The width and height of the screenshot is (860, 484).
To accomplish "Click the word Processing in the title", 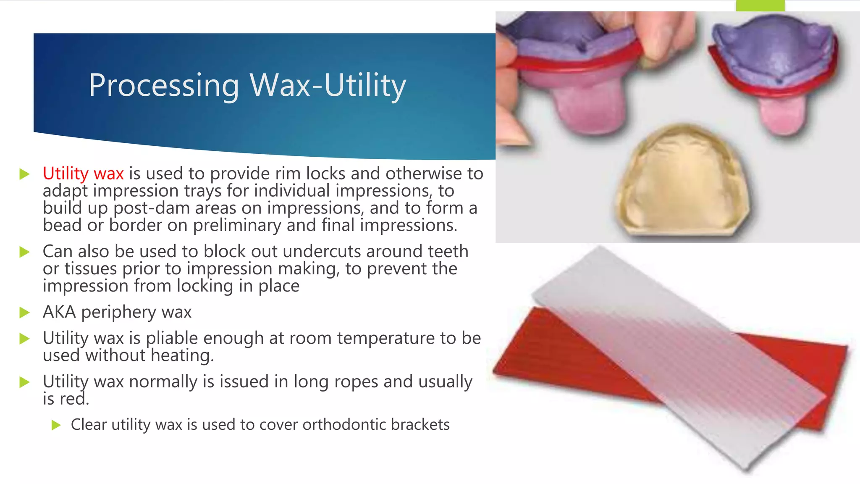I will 164,86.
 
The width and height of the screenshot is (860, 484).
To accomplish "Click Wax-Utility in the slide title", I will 328,86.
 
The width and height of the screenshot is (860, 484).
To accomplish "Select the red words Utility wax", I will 83,174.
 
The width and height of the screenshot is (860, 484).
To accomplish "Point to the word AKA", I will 59,312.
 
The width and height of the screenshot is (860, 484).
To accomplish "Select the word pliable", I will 172,339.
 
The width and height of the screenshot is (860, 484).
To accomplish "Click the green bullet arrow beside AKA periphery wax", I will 24,313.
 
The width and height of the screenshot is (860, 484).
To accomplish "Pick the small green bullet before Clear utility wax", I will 56,425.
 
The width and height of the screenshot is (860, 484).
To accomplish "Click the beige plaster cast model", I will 682,185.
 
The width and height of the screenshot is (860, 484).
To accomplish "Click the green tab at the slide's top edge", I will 760,5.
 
